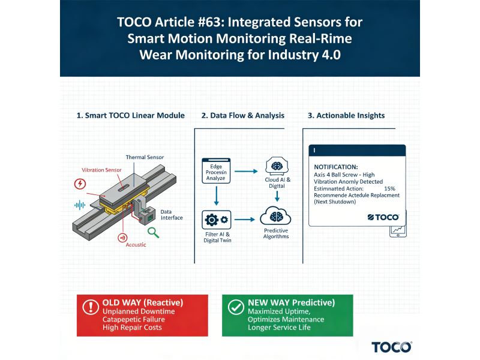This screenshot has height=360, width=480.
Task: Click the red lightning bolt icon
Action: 79,184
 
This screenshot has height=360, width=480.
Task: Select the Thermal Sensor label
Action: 145,157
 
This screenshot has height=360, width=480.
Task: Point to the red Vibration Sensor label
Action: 102,170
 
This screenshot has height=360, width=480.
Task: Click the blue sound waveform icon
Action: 79,205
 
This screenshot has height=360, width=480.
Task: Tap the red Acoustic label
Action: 136,245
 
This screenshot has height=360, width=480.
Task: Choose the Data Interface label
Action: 172,214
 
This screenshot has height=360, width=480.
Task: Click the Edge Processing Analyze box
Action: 215,172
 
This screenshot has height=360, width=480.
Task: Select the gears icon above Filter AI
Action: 215,219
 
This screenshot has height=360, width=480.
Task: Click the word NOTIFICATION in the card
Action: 336,167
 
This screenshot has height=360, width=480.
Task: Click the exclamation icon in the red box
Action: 90,307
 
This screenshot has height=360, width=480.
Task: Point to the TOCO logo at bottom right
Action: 391,347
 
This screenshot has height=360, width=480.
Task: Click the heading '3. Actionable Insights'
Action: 346,115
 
